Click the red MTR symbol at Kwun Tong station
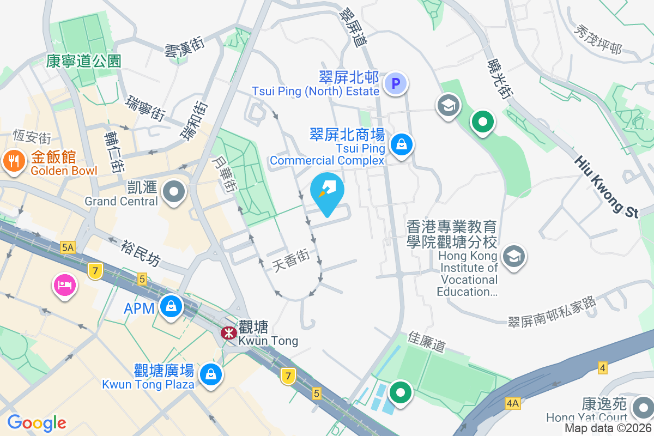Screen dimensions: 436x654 point(228,332)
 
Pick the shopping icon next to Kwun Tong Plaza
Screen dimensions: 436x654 point(210,374)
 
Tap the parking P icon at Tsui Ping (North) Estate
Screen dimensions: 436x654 point(396,84)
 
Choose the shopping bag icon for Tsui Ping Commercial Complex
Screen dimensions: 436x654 point(402,144)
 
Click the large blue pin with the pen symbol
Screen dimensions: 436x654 point(327,192)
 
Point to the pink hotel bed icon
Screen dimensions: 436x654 point(64,285)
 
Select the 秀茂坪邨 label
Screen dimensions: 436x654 point(597,41)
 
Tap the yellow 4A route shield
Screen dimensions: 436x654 point(513,403)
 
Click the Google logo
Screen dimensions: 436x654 point(37,423)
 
